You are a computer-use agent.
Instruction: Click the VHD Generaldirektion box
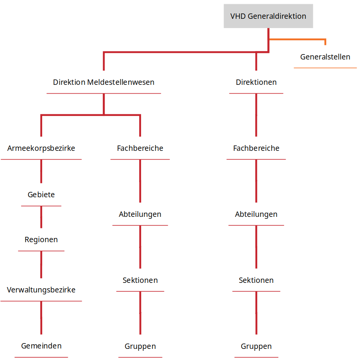tap(268, 16)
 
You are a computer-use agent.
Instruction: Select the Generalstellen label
tap(325, 57)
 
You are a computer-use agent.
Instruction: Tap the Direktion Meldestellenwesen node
tap(104, 82)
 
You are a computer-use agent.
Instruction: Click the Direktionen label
tap(256, 82)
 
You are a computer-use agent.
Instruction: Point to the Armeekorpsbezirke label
tap(41, 148)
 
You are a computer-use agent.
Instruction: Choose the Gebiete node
tap(41, 195)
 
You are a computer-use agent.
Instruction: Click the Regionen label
tap(41, 239)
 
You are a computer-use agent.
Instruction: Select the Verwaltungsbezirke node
tap(41, 290)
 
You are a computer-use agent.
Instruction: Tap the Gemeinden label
tap(41, 346)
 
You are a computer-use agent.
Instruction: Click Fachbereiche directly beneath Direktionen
tap(256, 148)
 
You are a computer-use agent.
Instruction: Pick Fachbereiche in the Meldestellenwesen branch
tap(140, 148)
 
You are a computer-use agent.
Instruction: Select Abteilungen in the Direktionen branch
tap(256, 214)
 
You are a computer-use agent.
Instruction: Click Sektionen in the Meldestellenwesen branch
tap(140, 280)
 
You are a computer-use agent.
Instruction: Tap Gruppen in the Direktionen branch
tap(256, 346)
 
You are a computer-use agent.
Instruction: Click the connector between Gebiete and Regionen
tap(41, 217)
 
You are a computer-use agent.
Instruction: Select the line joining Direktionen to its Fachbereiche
tap(256, 115)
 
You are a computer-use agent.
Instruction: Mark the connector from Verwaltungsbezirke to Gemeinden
tap(41, 318)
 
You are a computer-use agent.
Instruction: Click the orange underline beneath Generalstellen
tap(325, 68)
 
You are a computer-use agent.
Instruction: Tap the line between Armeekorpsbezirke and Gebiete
tap(41, 171)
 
